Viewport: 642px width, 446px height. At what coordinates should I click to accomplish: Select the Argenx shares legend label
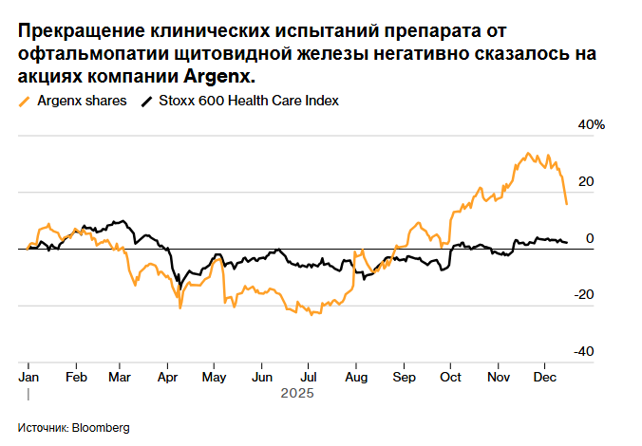tap(82, 101)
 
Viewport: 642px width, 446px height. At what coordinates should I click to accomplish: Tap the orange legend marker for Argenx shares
tap(24, 101)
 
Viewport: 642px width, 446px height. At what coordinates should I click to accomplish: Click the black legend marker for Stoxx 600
tap(145, 101)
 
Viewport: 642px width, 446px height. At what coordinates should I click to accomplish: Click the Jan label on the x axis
tap(28, 376)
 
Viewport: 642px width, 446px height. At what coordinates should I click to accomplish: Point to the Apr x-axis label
tap(168, 376)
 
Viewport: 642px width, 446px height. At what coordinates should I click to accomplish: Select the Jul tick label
tap(308, 376)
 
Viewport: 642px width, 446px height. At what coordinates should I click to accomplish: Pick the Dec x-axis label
tap(542, 376)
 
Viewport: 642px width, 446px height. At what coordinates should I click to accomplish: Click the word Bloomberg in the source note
tap(100, 427)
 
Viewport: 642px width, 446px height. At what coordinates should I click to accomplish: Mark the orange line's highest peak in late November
tap(528, 153)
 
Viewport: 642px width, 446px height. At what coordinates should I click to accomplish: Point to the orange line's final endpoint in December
tap(567, 204)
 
